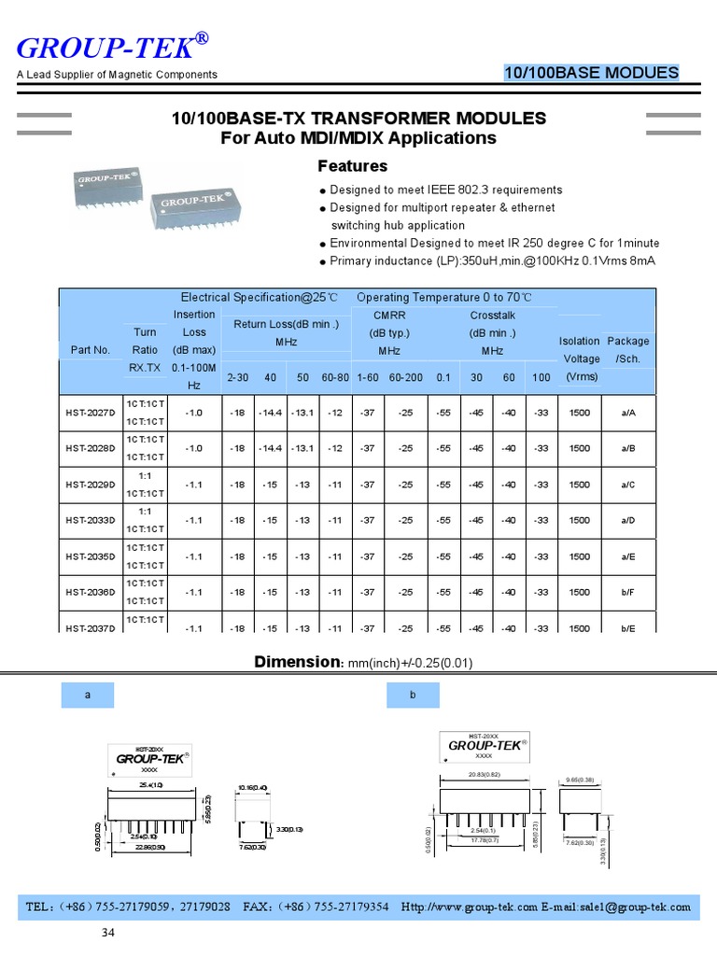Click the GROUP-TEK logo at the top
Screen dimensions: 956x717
click(x=111, y=46)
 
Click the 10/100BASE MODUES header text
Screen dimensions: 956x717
click(x=591, y=73)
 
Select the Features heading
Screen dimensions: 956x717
click(x=352, y=166)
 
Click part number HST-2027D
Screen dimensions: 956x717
click(x=90, y=413)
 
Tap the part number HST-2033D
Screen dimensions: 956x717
click(x=90, y=520)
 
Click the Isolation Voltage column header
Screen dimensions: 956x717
click(x=579, y=358)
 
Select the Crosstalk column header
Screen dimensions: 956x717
click(x=492, y=316)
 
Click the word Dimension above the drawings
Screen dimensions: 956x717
click(x=294, y=662)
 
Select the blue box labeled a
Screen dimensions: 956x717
click(x=87, y=696)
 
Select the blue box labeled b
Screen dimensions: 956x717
click(x=412, y=696)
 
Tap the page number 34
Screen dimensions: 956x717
click(x=109, y=933)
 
